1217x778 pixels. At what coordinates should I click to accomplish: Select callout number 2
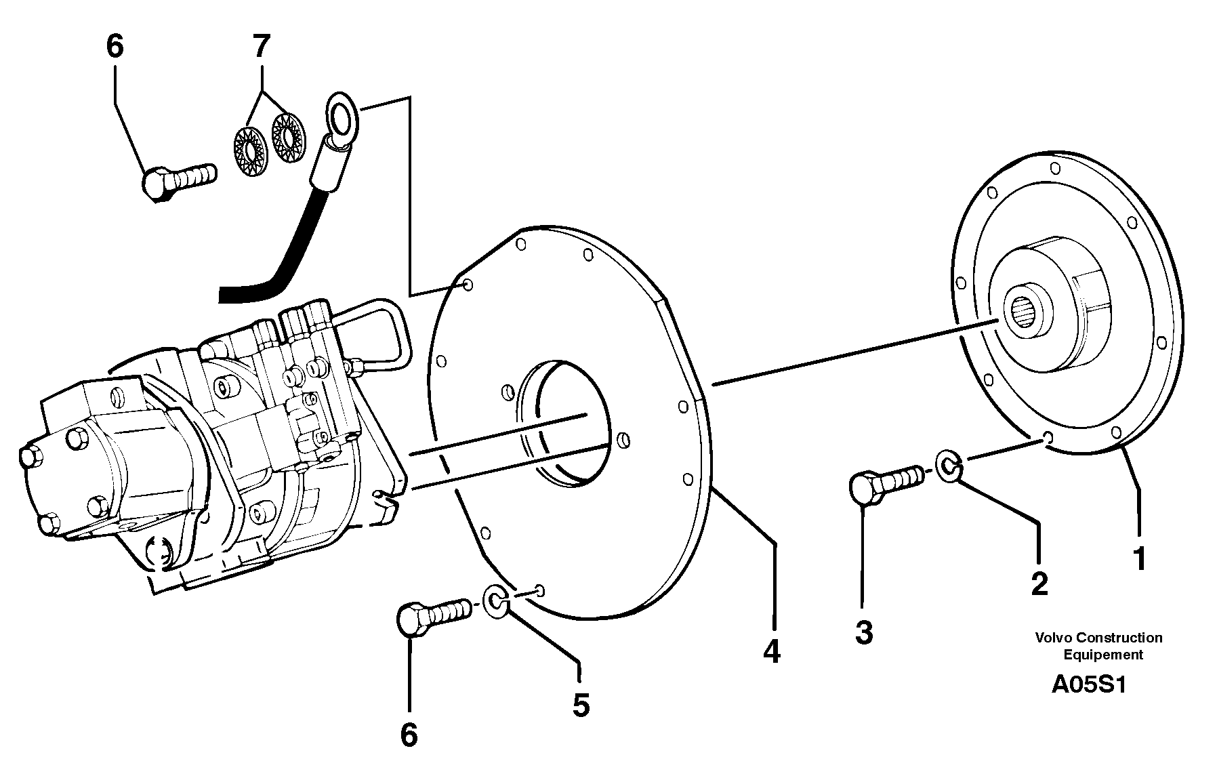coord(1039,583)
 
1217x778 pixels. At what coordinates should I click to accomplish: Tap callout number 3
coord(864,633)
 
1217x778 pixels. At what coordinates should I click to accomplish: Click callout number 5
coord(581,705)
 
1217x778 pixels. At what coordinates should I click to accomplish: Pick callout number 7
coord(261,47)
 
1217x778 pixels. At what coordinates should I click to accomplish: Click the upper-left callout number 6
coord(115,47)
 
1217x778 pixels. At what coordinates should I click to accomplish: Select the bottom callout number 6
coord(409,735)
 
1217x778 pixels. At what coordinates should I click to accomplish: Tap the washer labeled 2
coord(950,466)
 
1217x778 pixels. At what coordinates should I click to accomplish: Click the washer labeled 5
coord(496,600)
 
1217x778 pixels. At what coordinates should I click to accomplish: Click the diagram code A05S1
coord(1088,684)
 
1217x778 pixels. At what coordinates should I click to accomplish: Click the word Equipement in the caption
coord(1102,655)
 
